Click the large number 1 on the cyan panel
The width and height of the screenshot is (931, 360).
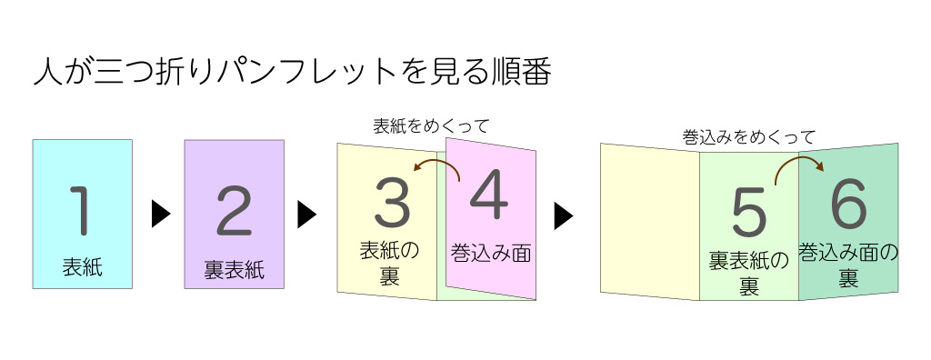point(82,208)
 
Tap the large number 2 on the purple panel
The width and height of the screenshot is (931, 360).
point(234,211)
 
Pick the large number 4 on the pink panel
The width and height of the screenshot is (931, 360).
point(487,197)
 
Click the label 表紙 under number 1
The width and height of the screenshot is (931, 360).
point(82,267)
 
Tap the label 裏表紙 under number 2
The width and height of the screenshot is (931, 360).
point(234,271)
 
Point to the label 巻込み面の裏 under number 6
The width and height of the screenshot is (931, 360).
point(848,264)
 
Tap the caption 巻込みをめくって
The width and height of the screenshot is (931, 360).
point(748,137)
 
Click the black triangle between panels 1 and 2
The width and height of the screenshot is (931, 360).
point(161,215)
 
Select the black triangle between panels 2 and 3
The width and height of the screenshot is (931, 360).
point(307,215)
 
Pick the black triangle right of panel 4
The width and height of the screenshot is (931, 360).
point(564,215)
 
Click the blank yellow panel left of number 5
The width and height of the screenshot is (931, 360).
point(649,221)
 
